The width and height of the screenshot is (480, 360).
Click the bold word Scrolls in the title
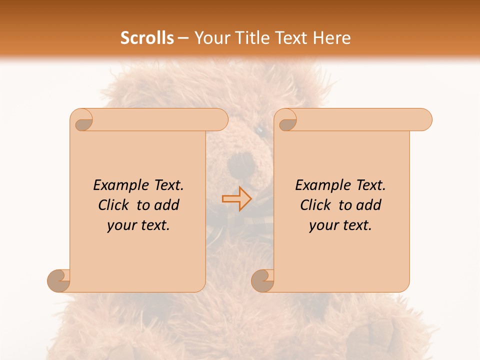(147, 38)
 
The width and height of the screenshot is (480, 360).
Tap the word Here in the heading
(332, 38)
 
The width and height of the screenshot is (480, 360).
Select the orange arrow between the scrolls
(237, 199)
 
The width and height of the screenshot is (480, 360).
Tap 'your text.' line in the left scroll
(138, 225)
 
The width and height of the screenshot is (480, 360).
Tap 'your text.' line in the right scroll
(340, 225)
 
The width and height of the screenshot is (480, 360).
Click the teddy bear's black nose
(241, 162)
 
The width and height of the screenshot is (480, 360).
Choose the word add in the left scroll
(167, 205)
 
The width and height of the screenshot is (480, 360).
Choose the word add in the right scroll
(369, 205)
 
